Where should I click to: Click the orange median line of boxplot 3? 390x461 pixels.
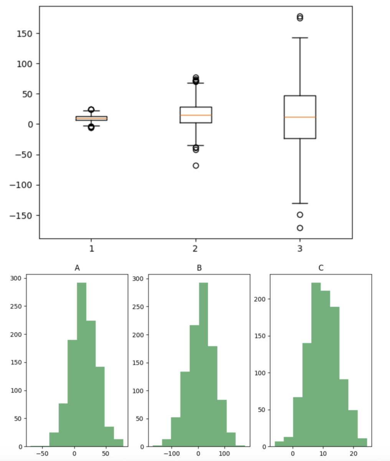pos(300,117)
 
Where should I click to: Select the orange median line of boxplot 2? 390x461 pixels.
pos(196,115)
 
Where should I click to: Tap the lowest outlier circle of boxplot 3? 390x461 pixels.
pos(300,228)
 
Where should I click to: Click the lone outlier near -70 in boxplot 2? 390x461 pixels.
pos(196,166)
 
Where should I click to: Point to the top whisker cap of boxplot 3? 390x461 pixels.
pos(300,38)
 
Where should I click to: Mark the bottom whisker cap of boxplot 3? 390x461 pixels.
pos(300,203)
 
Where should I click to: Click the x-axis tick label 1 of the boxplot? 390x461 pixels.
pos(91,249)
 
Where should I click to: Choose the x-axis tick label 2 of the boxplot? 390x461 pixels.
pos(196,249)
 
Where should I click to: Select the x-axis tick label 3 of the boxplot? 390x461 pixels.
pos(300,249)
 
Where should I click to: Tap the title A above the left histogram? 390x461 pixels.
pos(77,268)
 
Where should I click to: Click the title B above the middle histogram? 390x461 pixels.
pos(199,268)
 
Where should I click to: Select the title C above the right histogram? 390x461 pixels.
pos(321,268)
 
